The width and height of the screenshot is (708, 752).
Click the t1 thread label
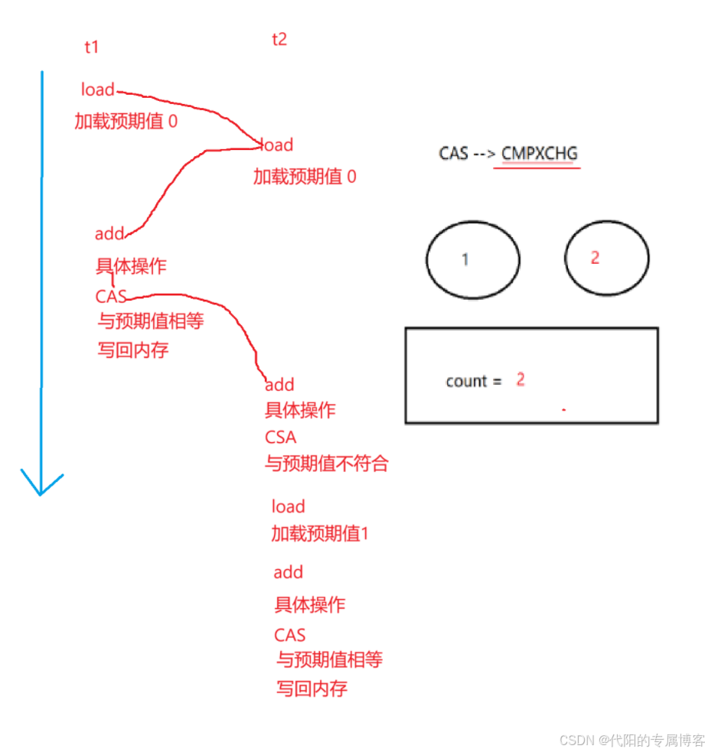(x=92, y=47)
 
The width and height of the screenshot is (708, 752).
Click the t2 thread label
(x=279, y=39)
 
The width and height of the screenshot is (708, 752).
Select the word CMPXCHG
(x=540, y=153)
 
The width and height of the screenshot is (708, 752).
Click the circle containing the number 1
(x=472, y=259)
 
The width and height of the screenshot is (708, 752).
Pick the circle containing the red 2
(x=607, y=259)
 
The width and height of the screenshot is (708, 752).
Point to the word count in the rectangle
(x=466, y=381)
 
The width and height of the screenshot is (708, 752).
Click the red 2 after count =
(x=520, y=379)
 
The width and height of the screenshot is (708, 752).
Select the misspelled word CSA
(x=280, y=438)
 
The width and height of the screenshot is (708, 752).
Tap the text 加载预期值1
(x=320, y=534)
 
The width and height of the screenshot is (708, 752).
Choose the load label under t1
(x=98, y=90)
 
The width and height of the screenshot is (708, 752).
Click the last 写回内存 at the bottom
(x=312, y=689)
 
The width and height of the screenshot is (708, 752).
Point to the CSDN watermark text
(x=632, y=740)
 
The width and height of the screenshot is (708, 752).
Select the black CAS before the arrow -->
(x=453, y=153)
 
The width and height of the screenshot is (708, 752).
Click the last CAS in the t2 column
(x=289, y=635)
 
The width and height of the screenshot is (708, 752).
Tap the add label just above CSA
(x=279, y=385)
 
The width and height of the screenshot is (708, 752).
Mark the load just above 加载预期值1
(x=288, y=506)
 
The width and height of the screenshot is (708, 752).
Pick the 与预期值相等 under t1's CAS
(x=151, y=321)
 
